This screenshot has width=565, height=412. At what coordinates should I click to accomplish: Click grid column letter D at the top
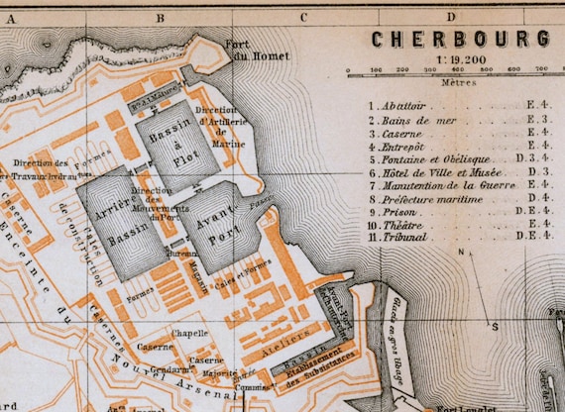click(451, 16)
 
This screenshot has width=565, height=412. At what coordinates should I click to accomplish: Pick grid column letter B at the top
click(158, 16)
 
